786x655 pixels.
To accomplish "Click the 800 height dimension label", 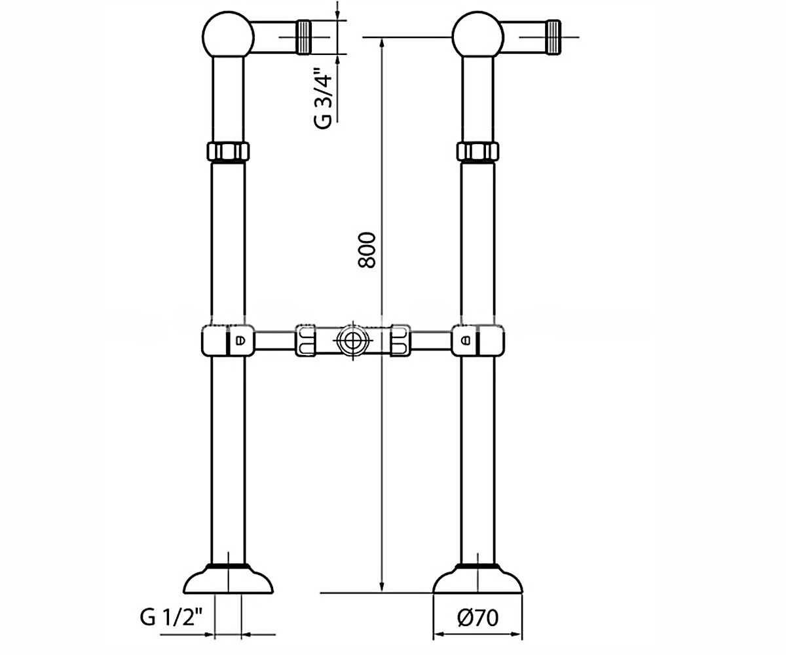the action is click(367, 250).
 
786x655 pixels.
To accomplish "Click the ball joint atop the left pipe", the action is click(228, 35).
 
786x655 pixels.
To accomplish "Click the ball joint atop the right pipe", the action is click(477, 35).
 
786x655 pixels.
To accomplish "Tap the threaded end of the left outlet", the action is click(304, 37).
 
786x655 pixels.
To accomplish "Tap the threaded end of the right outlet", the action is click(553, 37).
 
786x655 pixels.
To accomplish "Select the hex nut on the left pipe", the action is click(228, 151).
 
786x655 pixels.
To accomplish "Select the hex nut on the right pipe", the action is click(477, 151).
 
